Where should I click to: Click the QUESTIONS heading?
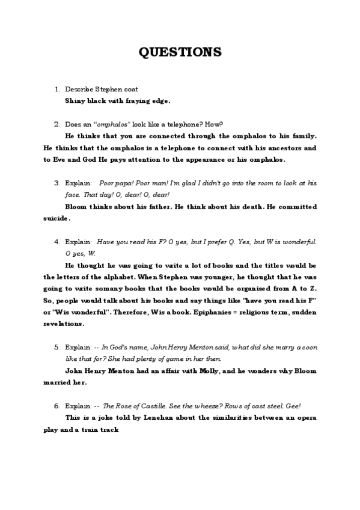pos(180,52)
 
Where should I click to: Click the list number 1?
pos(56,89)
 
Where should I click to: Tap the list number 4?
pos(56,241)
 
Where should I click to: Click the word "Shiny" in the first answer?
pos(74,100)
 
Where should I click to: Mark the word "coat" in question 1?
pos(131,89)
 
